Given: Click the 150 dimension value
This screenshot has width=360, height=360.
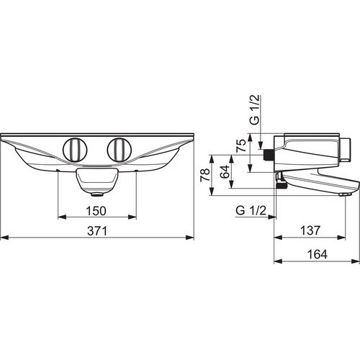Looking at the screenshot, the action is tap(96, 211).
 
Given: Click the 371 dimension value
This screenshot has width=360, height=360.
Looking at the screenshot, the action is tap(97, 231).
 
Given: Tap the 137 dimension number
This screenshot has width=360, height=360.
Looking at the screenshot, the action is tap(310, 230).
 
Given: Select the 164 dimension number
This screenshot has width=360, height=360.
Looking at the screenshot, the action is tap(318, 254).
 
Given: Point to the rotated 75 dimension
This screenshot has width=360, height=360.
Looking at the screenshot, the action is tap(241, 145).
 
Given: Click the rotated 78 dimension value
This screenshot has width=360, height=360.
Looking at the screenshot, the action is tap(205, 174).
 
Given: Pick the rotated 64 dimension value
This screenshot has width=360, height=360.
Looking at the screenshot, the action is tap(225, 171).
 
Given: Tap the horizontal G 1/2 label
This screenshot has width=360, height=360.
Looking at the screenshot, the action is tap(251, 210).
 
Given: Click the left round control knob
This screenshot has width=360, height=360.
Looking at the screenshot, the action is tap(75, 150).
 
